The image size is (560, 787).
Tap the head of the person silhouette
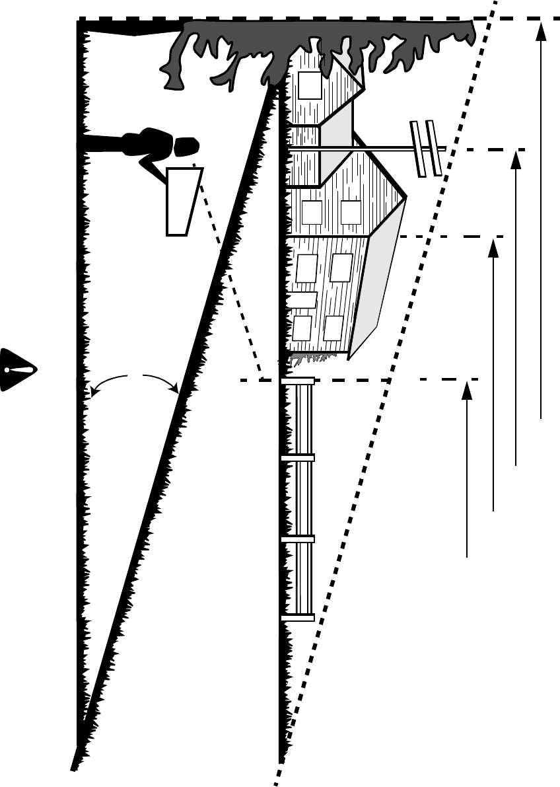pos(186,145)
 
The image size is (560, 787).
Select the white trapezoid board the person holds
pos(182,200)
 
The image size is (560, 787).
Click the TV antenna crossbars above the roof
pos(425,148)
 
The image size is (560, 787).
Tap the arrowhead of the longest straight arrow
pos(542,29)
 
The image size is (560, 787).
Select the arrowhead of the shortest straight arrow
pos(467,390)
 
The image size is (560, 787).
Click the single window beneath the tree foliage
pos(310,85)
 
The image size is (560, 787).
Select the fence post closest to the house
pos(298,381)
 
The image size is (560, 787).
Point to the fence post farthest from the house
pos(298,618)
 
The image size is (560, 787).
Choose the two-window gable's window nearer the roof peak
pos(351,212)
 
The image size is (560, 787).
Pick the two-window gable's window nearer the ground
pos(312,212)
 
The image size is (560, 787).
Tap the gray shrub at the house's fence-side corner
pos(310,358)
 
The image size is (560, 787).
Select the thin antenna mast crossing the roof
pos(383,149)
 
